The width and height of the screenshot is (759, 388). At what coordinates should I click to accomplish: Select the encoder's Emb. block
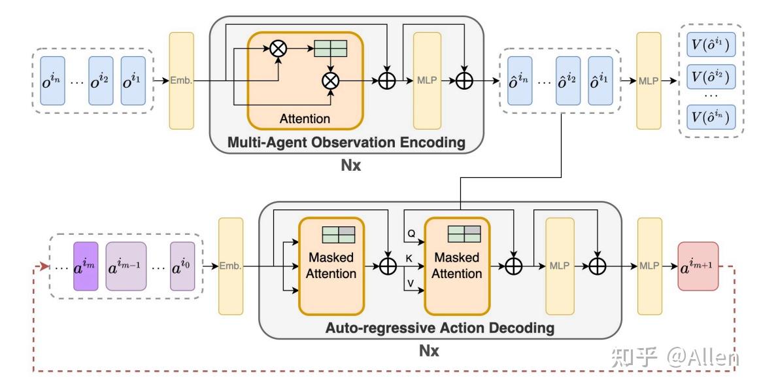(x=181, y=80)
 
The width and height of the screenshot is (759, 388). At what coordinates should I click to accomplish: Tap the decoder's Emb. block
(x=230, y=266)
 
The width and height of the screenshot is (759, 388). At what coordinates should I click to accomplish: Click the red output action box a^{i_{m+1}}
(x=698, y=266)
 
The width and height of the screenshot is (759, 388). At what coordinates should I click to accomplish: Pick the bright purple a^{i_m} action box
(x=86, y=266)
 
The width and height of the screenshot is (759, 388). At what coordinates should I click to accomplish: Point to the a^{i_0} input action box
(x=182, y=266)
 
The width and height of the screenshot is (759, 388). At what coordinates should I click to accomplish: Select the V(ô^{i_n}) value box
(x=710, y=117)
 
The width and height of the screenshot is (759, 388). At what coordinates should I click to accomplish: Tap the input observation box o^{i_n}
(x=53, y=80)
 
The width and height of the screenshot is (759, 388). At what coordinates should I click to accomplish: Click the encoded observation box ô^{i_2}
(x=567, y=80)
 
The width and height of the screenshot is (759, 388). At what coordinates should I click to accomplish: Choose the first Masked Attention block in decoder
(x=331, y=266)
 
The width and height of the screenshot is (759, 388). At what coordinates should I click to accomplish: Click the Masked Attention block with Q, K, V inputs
(x=457, y=266)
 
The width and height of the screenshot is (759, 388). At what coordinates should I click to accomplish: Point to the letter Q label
(x=411, y=232)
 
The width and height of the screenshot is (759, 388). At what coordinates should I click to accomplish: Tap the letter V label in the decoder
(x=410, y=284)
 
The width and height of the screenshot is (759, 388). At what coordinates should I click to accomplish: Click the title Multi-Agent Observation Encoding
(x=346, y=142)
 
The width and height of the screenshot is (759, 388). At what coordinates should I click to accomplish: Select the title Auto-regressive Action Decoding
(x=439, y=327)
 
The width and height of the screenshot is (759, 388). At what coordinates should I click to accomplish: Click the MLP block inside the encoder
(x=426, y=80)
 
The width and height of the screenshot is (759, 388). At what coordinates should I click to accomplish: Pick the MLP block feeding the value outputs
(x=649, y=80)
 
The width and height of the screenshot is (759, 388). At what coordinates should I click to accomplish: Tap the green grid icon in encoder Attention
(x=330, y=48)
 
